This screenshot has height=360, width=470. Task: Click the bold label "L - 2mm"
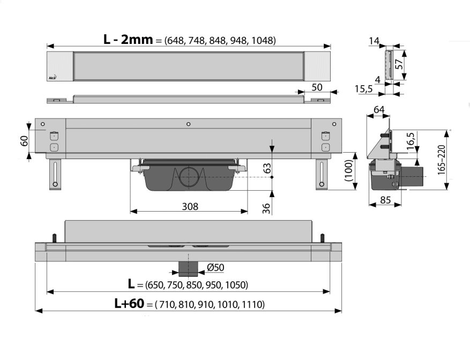click(x=129, y=39)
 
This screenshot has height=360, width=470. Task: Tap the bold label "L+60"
click(x=130, y=304)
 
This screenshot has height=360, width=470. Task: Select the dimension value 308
click(x=189, y=206)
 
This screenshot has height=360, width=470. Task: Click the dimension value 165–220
click(x=457, y=159)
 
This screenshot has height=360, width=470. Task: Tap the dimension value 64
click(x=379, y=110)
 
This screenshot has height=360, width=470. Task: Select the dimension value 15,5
click(x=364, y=89)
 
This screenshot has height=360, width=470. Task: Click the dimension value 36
click(x=266, y=208)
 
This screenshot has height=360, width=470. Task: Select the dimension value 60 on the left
click(x=24, y=141)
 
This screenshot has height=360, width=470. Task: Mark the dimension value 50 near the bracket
click(x=317, y=87)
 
